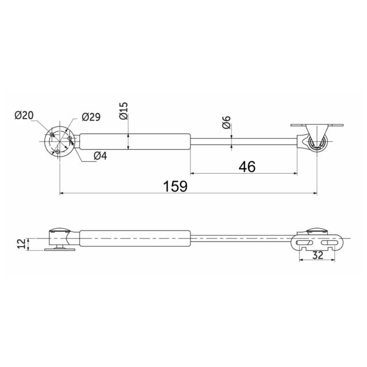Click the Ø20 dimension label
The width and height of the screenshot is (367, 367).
[x=24, y=115]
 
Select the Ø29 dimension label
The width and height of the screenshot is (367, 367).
[x=91, y=117]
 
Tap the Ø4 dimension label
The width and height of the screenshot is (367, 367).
[x=100, y=155]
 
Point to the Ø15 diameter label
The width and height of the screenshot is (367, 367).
[x=124, y=111]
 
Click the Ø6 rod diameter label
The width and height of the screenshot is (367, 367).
[x=227, y=122]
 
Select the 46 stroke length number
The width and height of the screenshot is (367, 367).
[x=247, y=167]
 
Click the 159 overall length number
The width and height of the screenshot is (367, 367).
[x=175, y=186]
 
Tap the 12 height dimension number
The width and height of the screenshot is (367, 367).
[x=21, y=244]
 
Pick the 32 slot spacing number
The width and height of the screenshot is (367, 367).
[x=318, y=255]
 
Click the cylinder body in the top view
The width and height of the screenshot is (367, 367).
[x=135, y=142]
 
